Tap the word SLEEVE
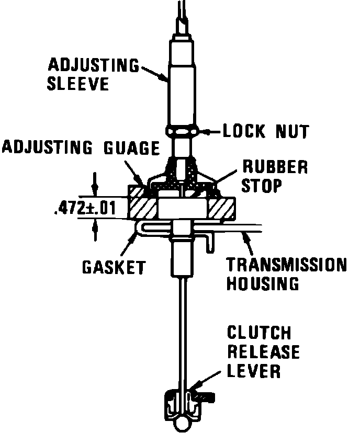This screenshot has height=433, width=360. click(78, 84)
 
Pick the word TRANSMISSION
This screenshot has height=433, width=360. click(286, 265)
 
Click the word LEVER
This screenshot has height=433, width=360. click(254, 370)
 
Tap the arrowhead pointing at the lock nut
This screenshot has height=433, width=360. click(206, 130)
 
